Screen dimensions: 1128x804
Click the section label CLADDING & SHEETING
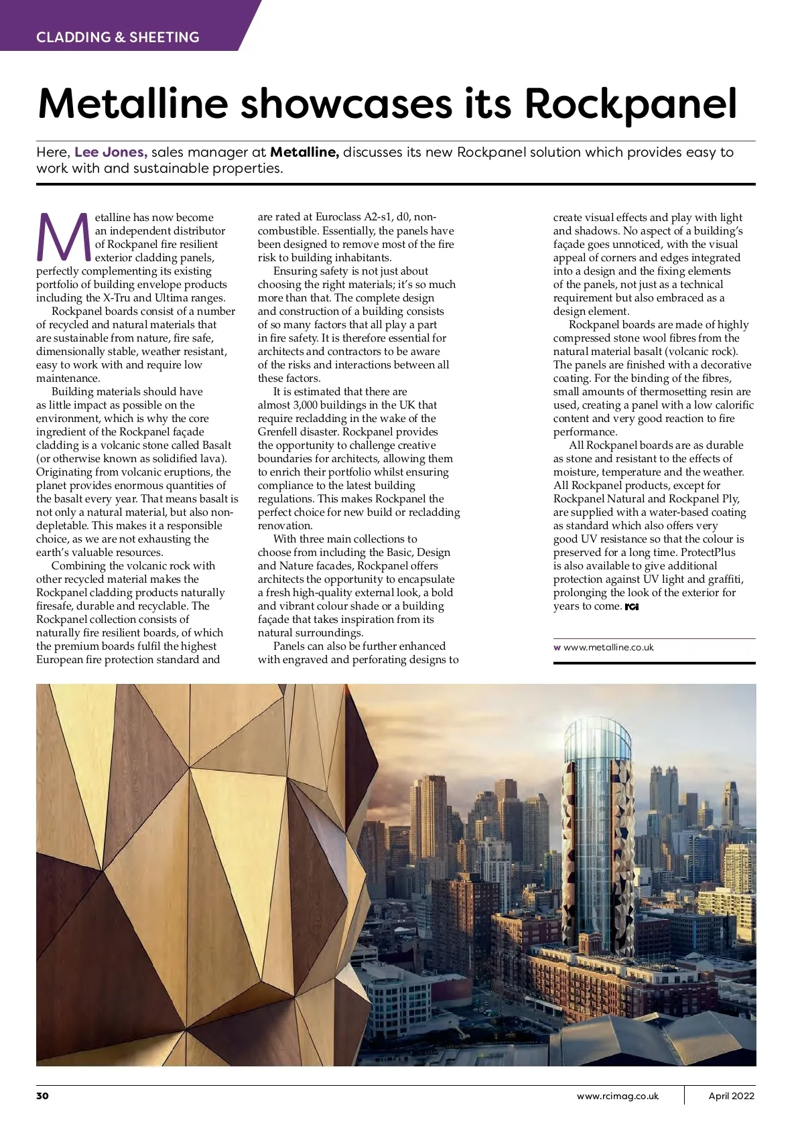pos(118,37)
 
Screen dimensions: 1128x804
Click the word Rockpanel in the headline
pos(631,103)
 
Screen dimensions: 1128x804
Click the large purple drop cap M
pos(63,238)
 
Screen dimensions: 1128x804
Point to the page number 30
pos(43,1096)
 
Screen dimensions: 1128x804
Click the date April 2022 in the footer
pos(732,1096)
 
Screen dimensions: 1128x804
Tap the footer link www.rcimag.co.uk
pos(618,1096)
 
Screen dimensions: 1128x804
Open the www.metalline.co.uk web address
pos(608,647)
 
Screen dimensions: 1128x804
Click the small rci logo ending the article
pos(631,607)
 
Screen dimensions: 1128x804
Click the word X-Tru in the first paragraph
pos(117,297)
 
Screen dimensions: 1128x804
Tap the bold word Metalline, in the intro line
pos(304,152)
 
